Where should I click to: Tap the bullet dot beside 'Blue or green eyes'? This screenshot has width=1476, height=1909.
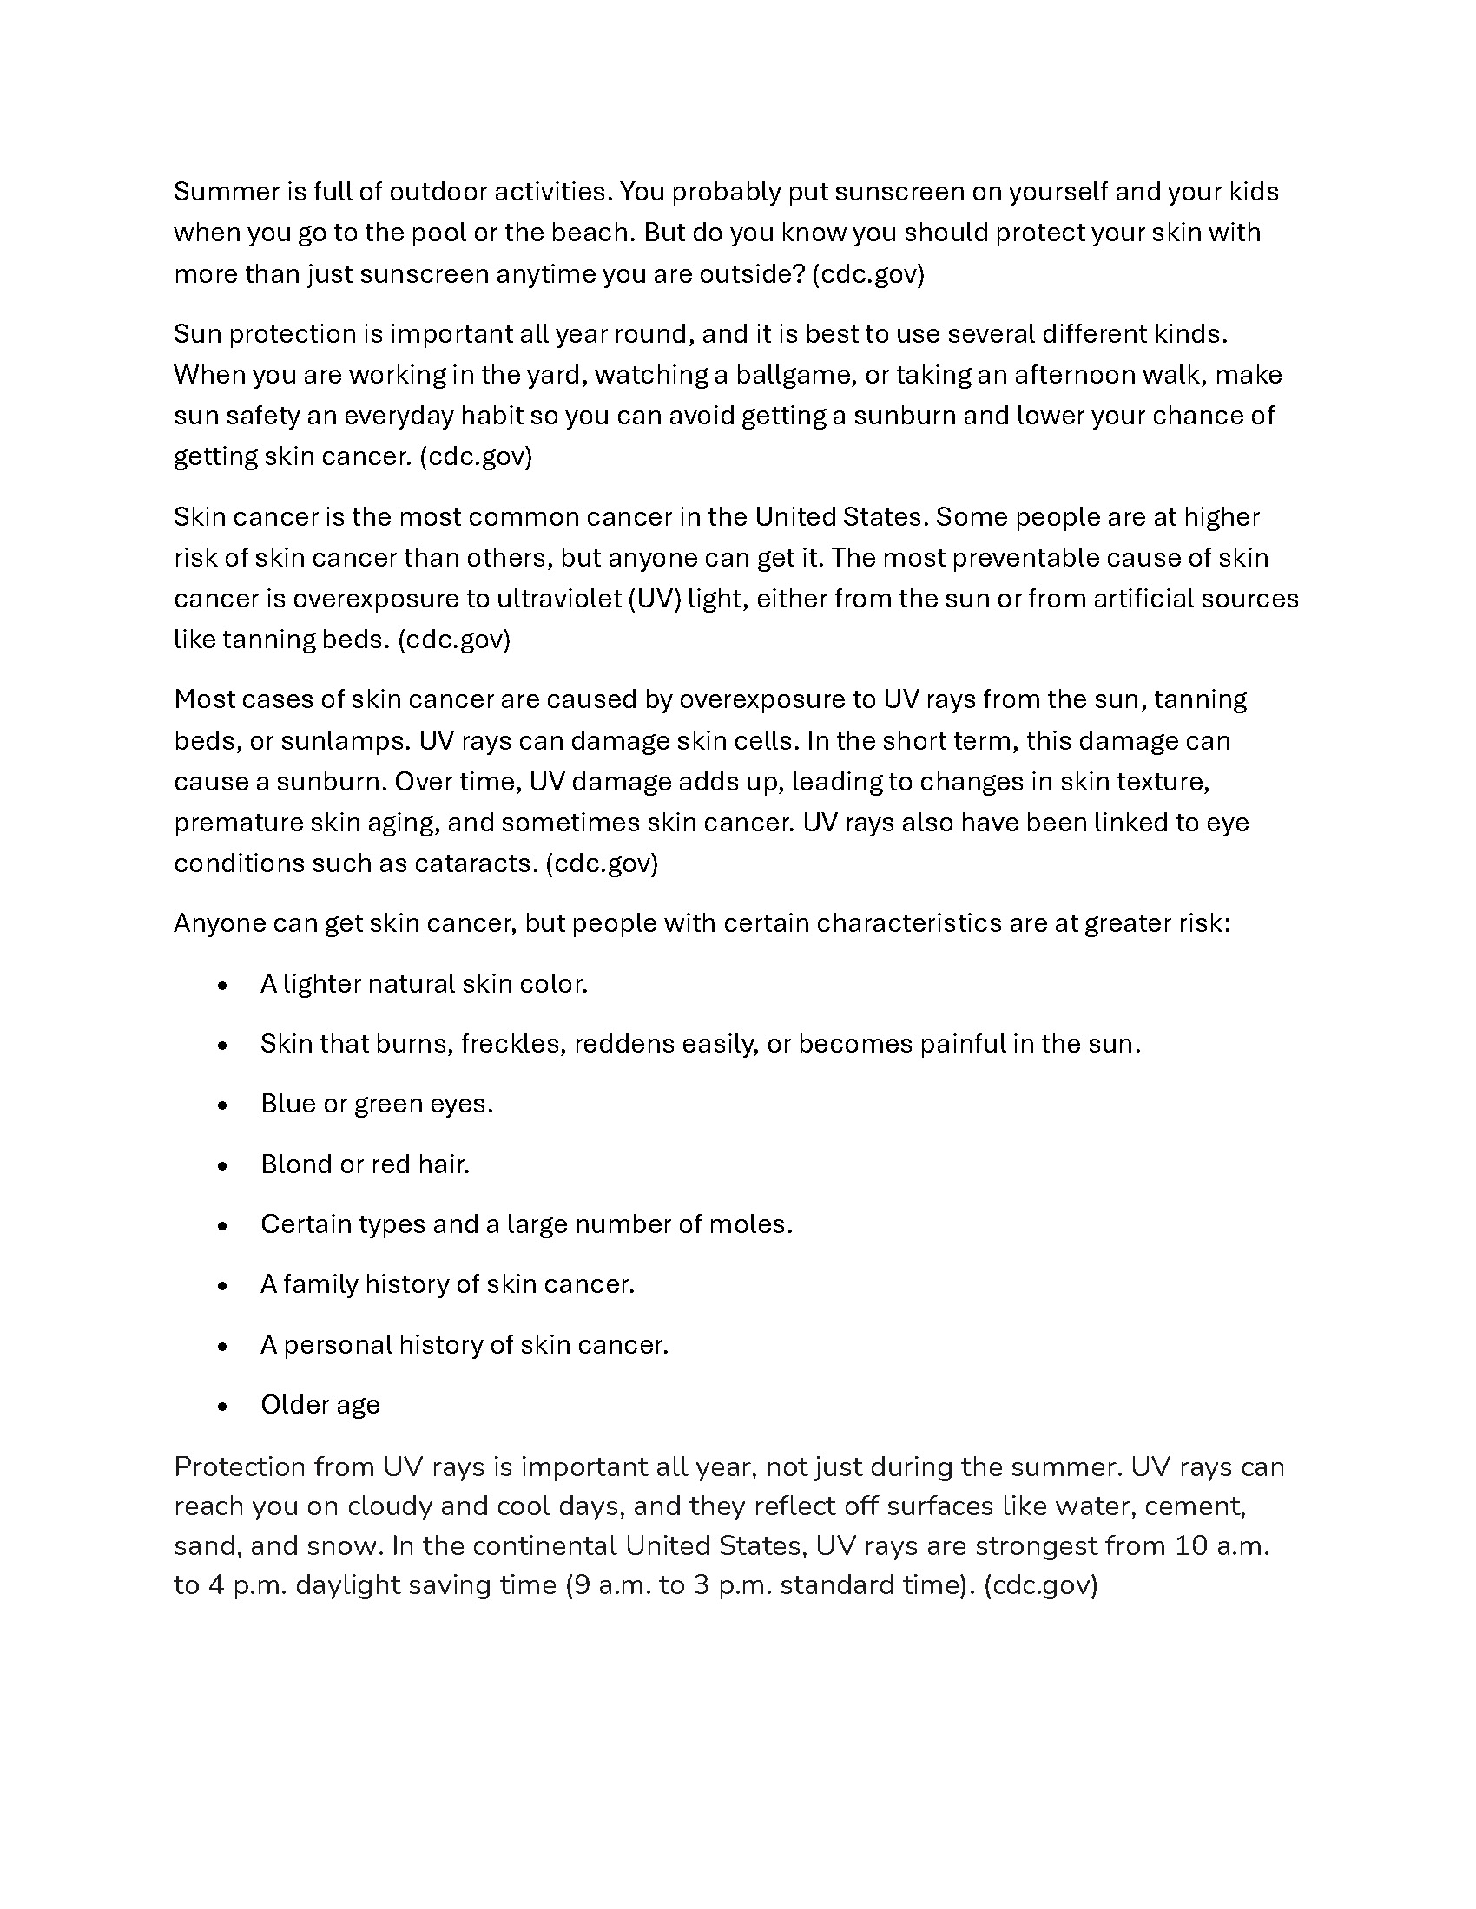(x=223, y=1105)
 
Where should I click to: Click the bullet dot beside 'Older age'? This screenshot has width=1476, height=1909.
(x=223, y=1407)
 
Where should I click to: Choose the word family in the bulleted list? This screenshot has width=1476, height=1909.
(x=320, y=1284)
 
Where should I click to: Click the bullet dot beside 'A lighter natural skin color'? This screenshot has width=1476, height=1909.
(x=223, y=985)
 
